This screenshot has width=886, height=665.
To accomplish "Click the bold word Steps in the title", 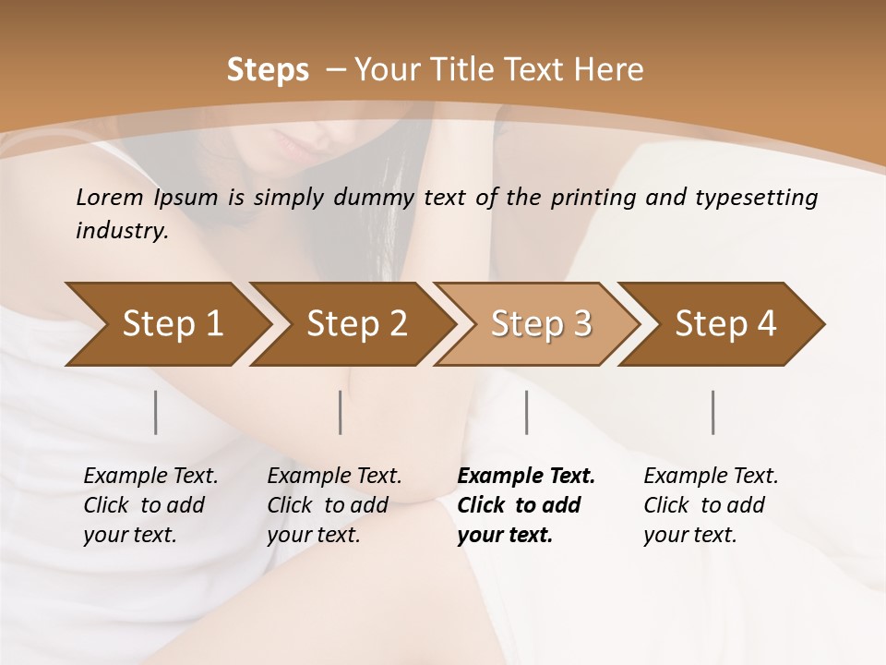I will coord(268,70).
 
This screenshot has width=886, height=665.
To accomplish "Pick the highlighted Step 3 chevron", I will coord(541,324).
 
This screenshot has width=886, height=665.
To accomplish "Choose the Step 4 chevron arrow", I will coord(725,324).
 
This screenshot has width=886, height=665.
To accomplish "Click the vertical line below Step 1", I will coord(156,412).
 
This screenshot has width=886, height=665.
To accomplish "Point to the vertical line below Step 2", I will coord(341,412).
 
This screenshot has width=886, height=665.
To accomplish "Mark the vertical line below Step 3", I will coord(527,412).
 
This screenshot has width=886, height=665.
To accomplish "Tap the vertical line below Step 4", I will coord(713,412).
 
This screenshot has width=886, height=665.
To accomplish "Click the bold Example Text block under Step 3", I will coord(526,505).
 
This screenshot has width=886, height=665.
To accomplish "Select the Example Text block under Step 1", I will coord(150,505).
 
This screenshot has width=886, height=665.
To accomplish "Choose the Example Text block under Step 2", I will coord(334,505).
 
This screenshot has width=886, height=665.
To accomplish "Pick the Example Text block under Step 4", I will coord(711,505).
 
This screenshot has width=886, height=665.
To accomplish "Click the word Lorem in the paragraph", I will coord(110,197).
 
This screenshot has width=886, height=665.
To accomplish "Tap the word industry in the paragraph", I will coord(122,231).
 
